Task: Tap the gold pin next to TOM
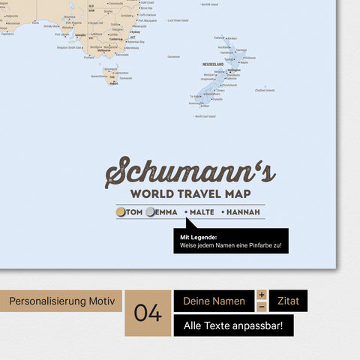121,212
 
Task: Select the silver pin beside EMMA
151,212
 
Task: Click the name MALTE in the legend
202,212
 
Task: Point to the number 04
148,313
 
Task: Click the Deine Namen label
214,301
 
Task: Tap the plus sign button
262,295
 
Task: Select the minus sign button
262,307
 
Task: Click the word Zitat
288,301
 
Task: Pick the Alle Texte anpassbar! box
233,325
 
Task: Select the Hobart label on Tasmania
113,83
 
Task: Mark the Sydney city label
135,32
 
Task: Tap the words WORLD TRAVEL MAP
190,194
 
